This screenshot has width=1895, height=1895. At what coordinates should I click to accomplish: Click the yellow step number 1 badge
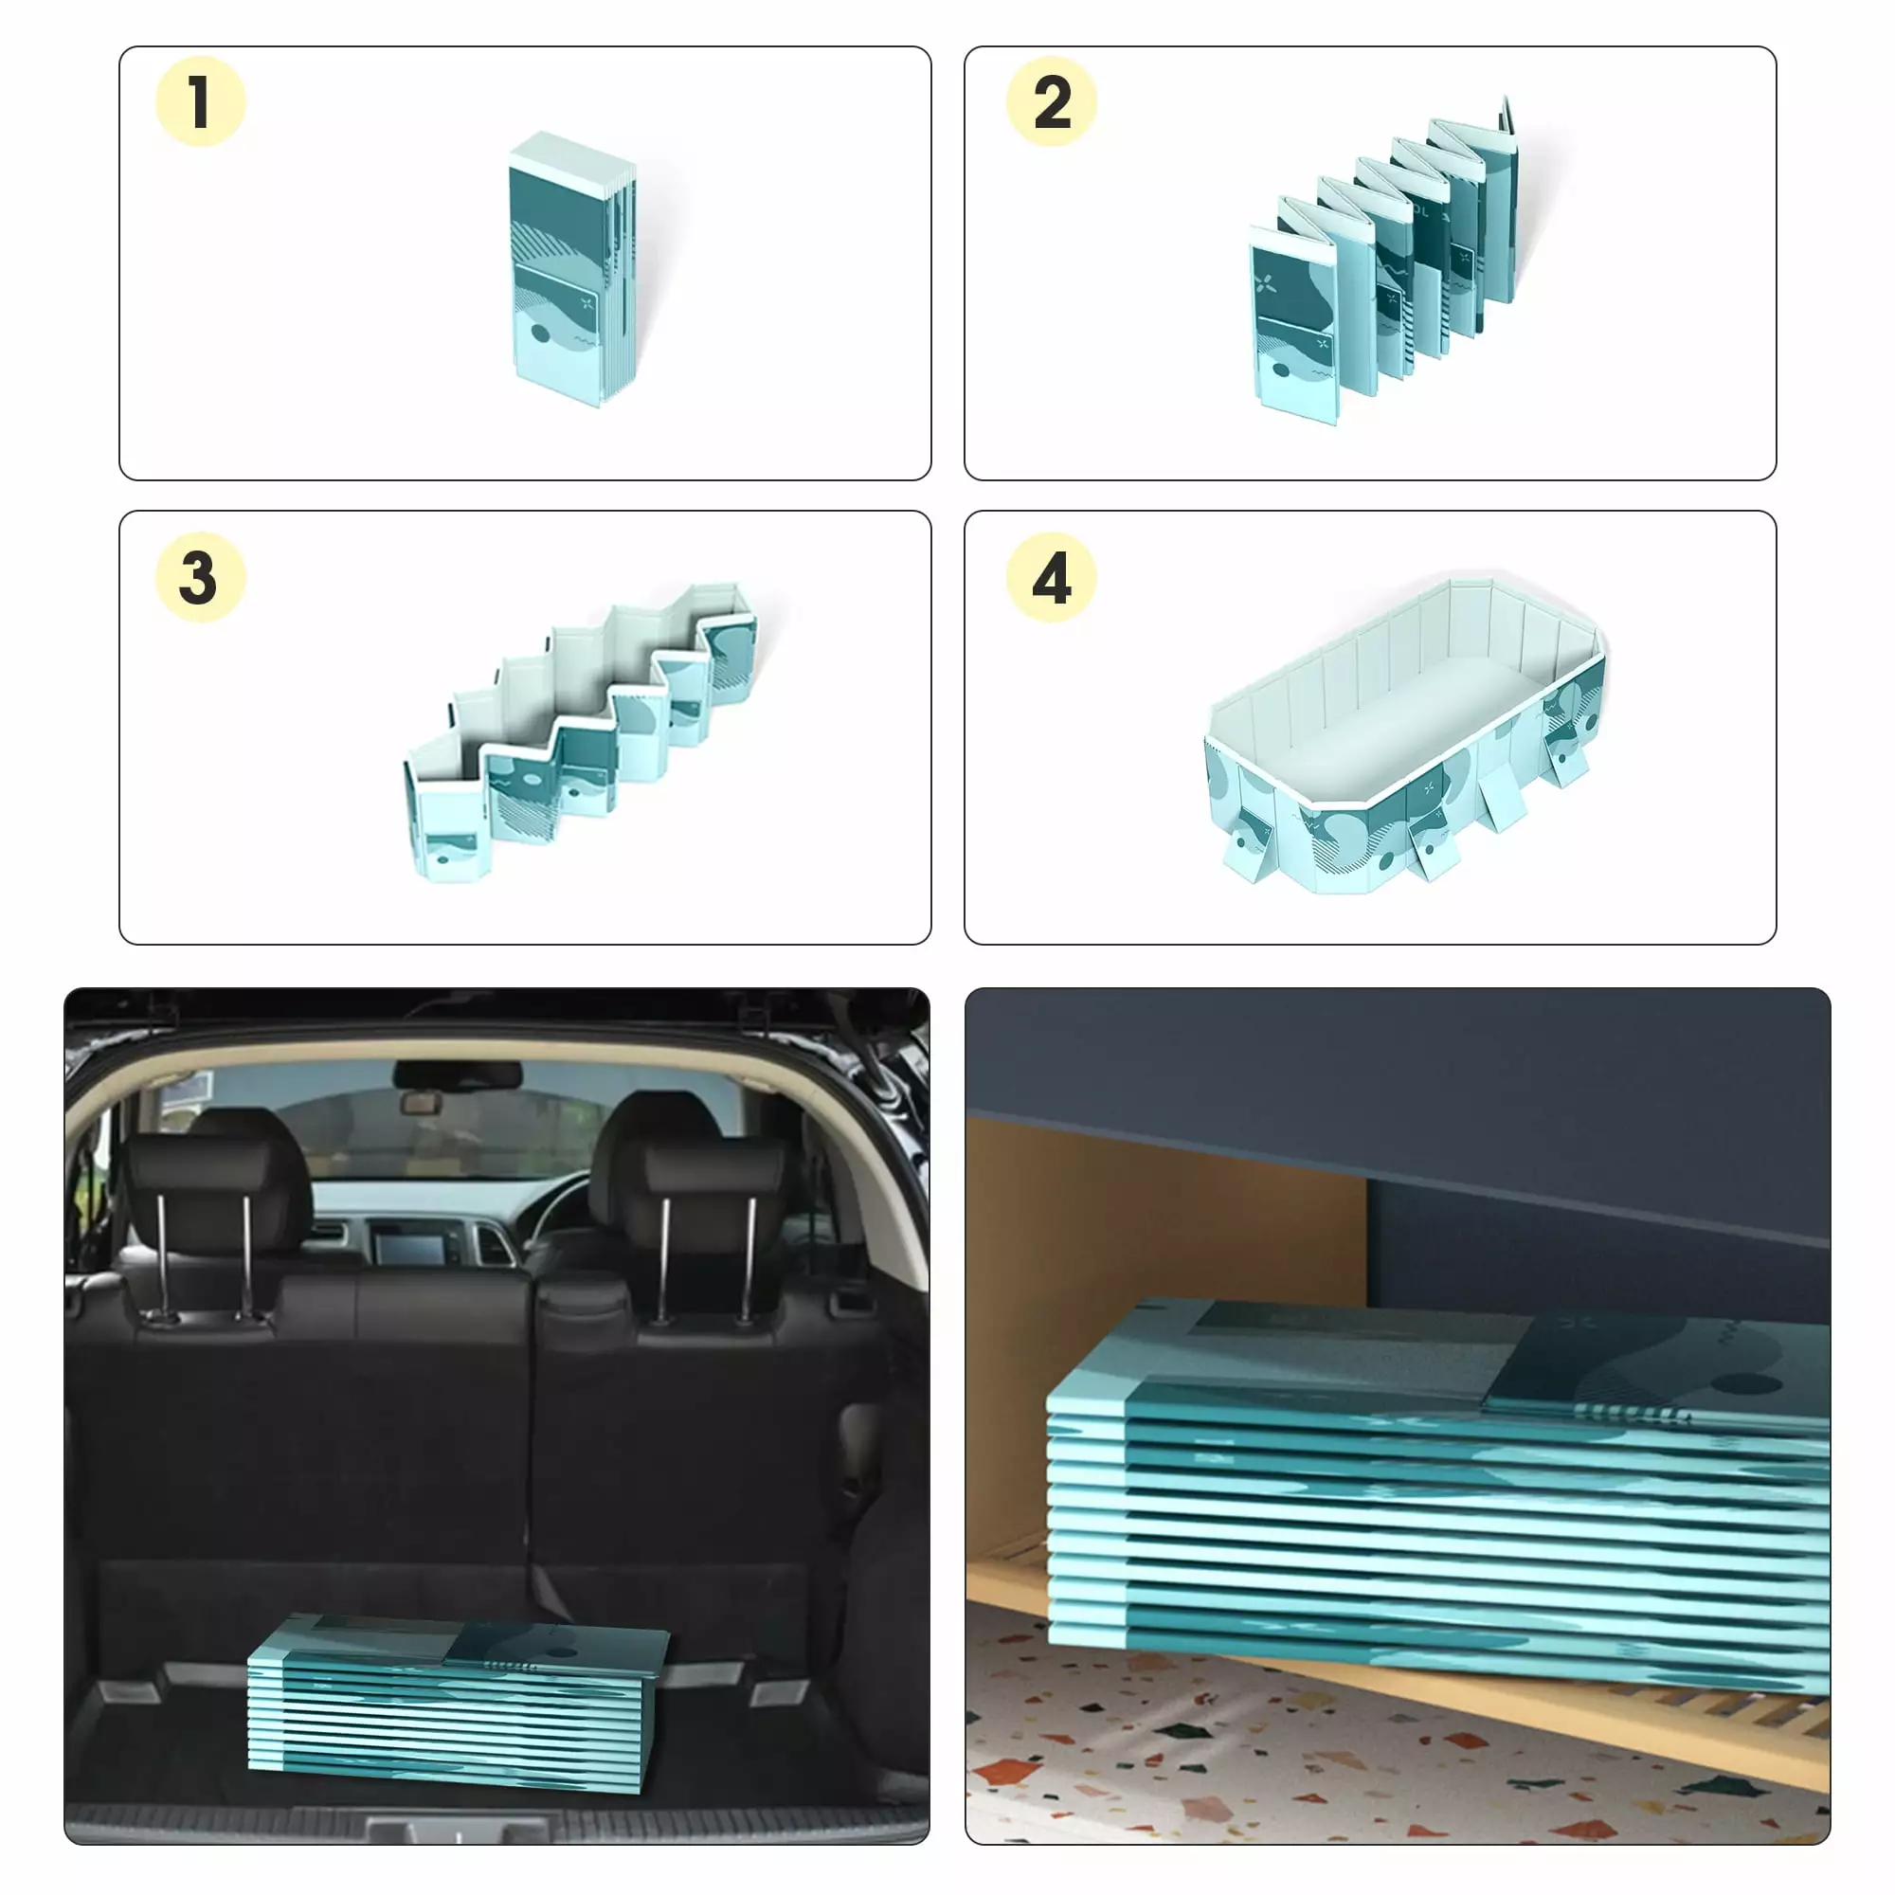pos(200,102)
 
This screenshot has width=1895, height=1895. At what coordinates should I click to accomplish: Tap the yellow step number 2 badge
pos(1052,102)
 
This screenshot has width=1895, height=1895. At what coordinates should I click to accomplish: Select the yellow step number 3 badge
pos(200,577)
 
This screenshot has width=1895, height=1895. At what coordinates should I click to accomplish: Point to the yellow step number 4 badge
pos(1052,577)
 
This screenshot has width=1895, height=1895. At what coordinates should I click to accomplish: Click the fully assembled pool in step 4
pos(1404,733)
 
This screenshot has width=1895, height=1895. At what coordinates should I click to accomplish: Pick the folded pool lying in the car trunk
pos(458,1705)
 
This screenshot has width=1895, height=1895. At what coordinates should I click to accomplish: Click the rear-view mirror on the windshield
pos(422,1104)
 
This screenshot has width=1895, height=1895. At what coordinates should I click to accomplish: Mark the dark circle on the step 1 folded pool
pos(540,334)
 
